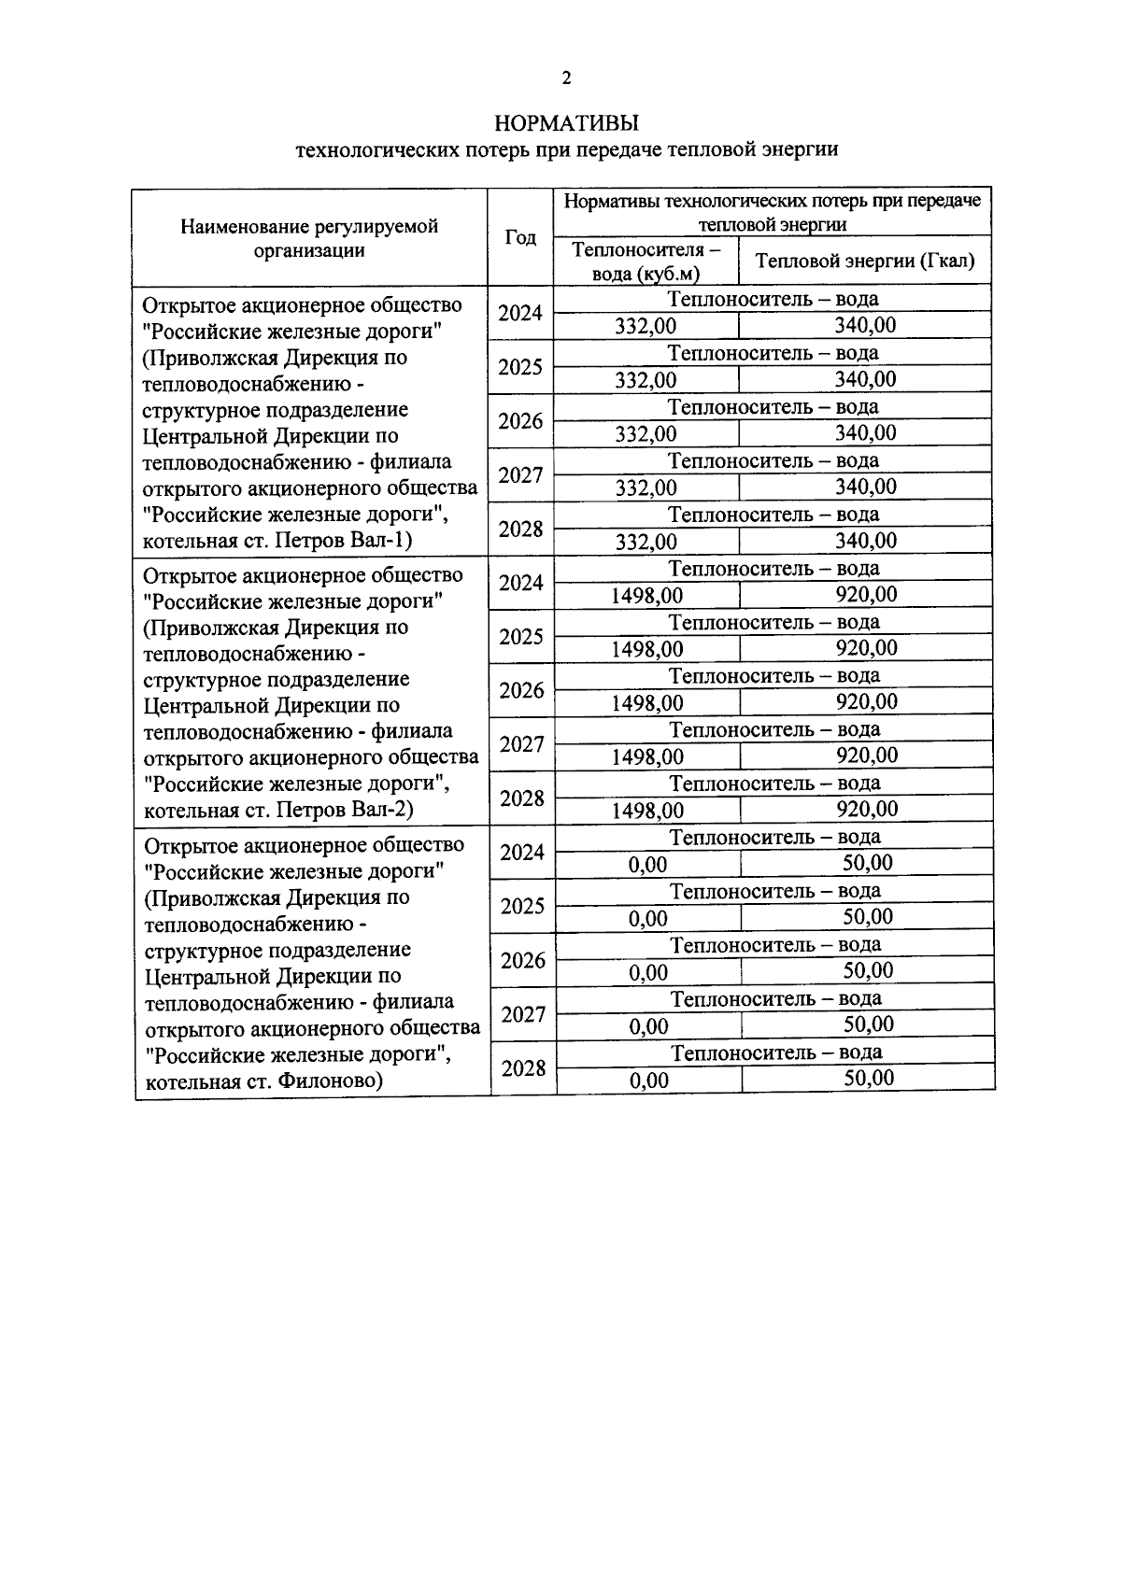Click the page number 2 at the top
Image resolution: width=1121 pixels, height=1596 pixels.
(566, 78)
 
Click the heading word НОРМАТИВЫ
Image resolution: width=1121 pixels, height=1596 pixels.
(566, 123)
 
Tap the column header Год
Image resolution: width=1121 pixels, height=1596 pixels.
(520, 237)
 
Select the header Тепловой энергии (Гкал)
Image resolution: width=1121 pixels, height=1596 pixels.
(865, 261)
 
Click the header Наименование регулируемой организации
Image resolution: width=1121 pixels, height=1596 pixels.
(309, 238)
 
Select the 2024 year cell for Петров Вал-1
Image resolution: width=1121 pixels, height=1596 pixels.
(520, 313)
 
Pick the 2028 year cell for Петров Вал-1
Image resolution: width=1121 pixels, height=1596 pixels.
(521, 530)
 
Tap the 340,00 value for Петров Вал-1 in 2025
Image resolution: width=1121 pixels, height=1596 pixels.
(865, 378)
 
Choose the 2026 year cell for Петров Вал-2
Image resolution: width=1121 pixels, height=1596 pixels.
(522, 690)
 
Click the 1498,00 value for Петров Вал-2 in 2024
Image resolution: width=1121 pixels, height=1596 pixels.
(647, 595)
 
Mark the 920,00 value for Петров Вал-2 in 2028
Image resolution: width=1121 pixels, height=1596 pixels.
(867, 809)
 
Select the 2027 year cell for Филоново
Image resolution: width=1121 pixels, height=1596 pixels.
(523, 1014)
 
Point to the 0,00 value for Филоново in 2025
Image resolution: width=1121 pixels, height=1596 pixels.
(648, 919)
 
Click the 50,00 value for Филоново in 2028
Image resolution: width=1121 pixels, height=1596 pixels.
(869, 1079)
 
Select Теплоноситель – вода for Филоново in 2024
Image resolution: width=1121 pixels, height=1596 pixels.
(775, 838)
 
